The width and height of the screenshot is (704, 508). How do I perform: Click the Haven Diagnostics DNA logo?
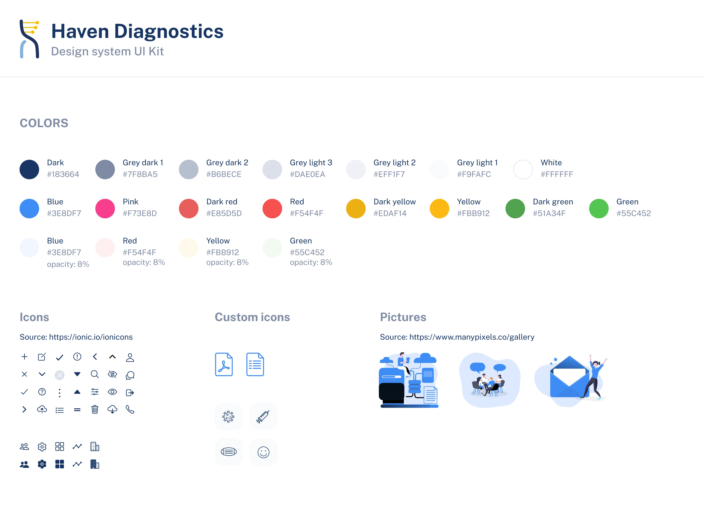point(30,39)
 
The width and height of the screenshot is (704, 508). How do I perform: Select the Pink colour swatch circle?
point(105,208)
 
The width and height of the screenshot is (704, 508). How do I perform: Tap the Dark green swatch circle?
point(515,208)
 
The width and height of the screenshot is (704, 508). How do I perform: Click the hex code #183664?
point(63,174)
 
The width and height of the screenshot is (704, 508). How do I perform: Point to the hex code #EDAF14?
point(390,213)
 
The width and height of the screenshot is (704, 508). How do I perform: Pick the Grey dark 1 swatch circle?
point(105,169)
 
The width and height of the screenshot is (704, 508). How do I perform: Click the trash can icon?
point(95,410)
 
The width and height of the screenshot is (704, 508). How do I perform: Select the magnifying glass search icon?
point(95,374)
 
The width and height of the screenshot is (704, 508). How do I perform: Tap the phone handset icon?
point(130,410)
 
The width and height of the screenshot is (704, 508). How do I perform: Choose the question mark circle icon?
point(42,392)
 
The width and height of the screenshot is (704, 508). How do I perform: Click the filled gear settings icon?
point(42,464)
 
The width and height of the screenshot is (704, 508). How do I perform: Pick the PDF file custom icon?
point(224,364)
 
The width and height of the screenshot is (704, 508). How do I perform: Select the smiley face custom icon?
point(263,452)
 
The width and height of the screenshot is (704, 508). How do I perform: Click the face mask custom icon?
point(229,452)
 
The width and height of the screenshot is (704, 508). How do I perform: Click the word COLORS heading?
point(44,123)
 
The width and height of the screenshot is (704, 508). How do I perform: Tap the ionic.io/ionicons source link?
point(91,337)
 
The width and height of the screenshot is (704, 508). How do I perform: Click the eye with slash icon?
point(112,374)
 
